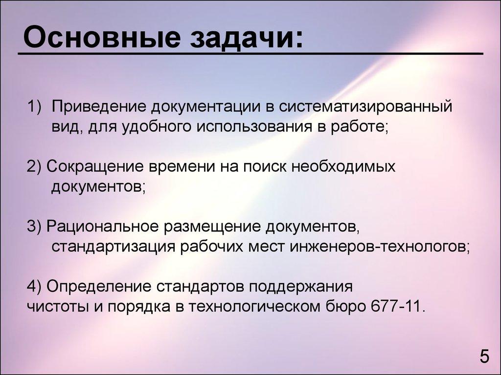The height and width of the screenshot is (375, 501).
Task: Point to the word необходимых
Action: tap(343, 166)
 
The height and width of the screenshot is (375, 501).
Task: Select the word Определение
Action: tap(100, 286)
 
